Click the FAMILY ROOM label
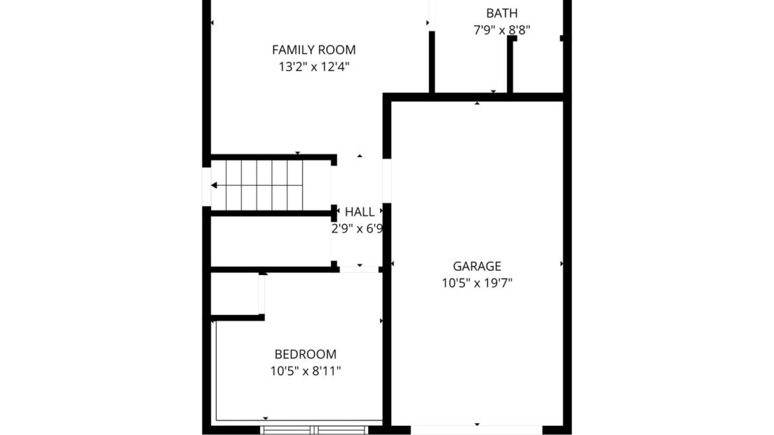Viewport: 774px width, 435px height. click(314, 50)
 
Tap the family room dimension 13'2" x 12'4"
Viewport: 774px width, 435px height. click(314, 67)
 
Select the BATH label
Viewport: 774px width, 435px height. click(502, 13)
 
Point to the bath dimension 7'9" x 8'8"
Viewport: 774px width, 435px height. click(502, 30)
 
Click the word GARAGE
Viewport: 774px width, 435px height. click(477, 267)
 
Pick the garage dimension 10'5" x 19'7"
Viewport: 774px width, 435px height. click(477, 283)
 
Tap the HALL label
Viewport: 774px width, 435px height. click(359, 212)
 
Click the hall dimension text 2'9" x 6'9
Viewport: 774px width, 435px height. click(357, 229)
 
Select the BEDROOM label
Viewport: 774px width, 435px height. click(305, 355)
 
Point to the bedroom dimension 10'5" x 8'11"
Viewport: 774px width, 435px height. click(305, 371)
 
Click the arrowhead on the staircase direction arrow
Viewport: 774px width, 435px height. click(214, 185)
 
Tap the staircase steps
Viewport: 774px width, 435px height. click(264, 185)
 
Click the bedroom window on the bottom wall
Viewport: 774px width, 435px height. click(314, 430)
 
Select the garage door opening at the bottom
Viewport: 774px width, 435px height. click(476, 430)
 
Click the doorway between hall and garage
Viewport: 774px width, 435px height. click(387, 181)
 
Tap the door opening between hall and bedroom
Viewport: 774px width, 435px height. click(359, 270)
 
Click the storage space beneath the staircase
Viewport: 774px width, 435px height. click(271, 242)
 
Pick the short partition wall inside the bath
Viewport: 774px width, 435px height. click(510, 64)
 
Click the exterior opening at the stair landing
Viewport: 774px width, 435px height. click(206, 187)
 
